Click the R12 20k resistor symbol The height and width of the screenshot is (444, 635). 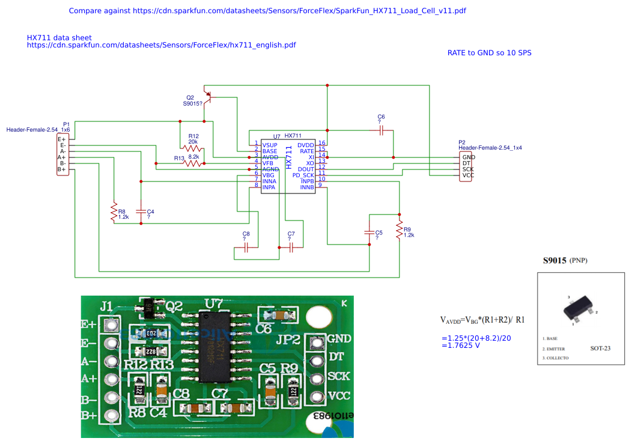click(x=192, y=148)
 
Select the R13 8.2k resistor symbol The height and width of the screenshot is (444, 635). click(x=193, y=163)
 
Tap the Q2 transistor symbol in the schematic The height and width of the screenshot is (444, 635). click(x=208, y=96)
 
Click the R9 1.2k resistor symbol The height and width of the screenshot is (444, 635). click(x=399, y=230)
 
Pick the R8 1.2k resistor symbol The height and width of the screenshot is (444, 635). click(x=112, y=212)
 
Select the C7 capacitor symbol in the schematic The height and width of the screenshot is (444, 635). click(x=291, y=247)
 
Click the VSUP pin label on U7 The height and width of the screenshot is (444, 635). click(x=270, y=145)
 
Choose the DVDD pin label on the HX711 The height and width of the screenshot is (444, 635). click(x=306, y=145)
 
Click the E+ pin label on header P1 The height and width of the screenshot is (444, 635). click(x=62, y=139)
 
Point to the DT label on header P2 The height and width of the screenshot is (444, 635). click(x=466, y=163)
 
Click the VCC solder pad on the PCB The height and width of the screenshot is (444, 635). click(x=316, y=397)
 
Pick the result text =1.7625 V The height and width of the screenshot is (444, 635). click(x=461, y=345)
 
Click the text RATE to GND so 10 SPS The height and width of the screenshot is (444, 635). click(x=489, y=53)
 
